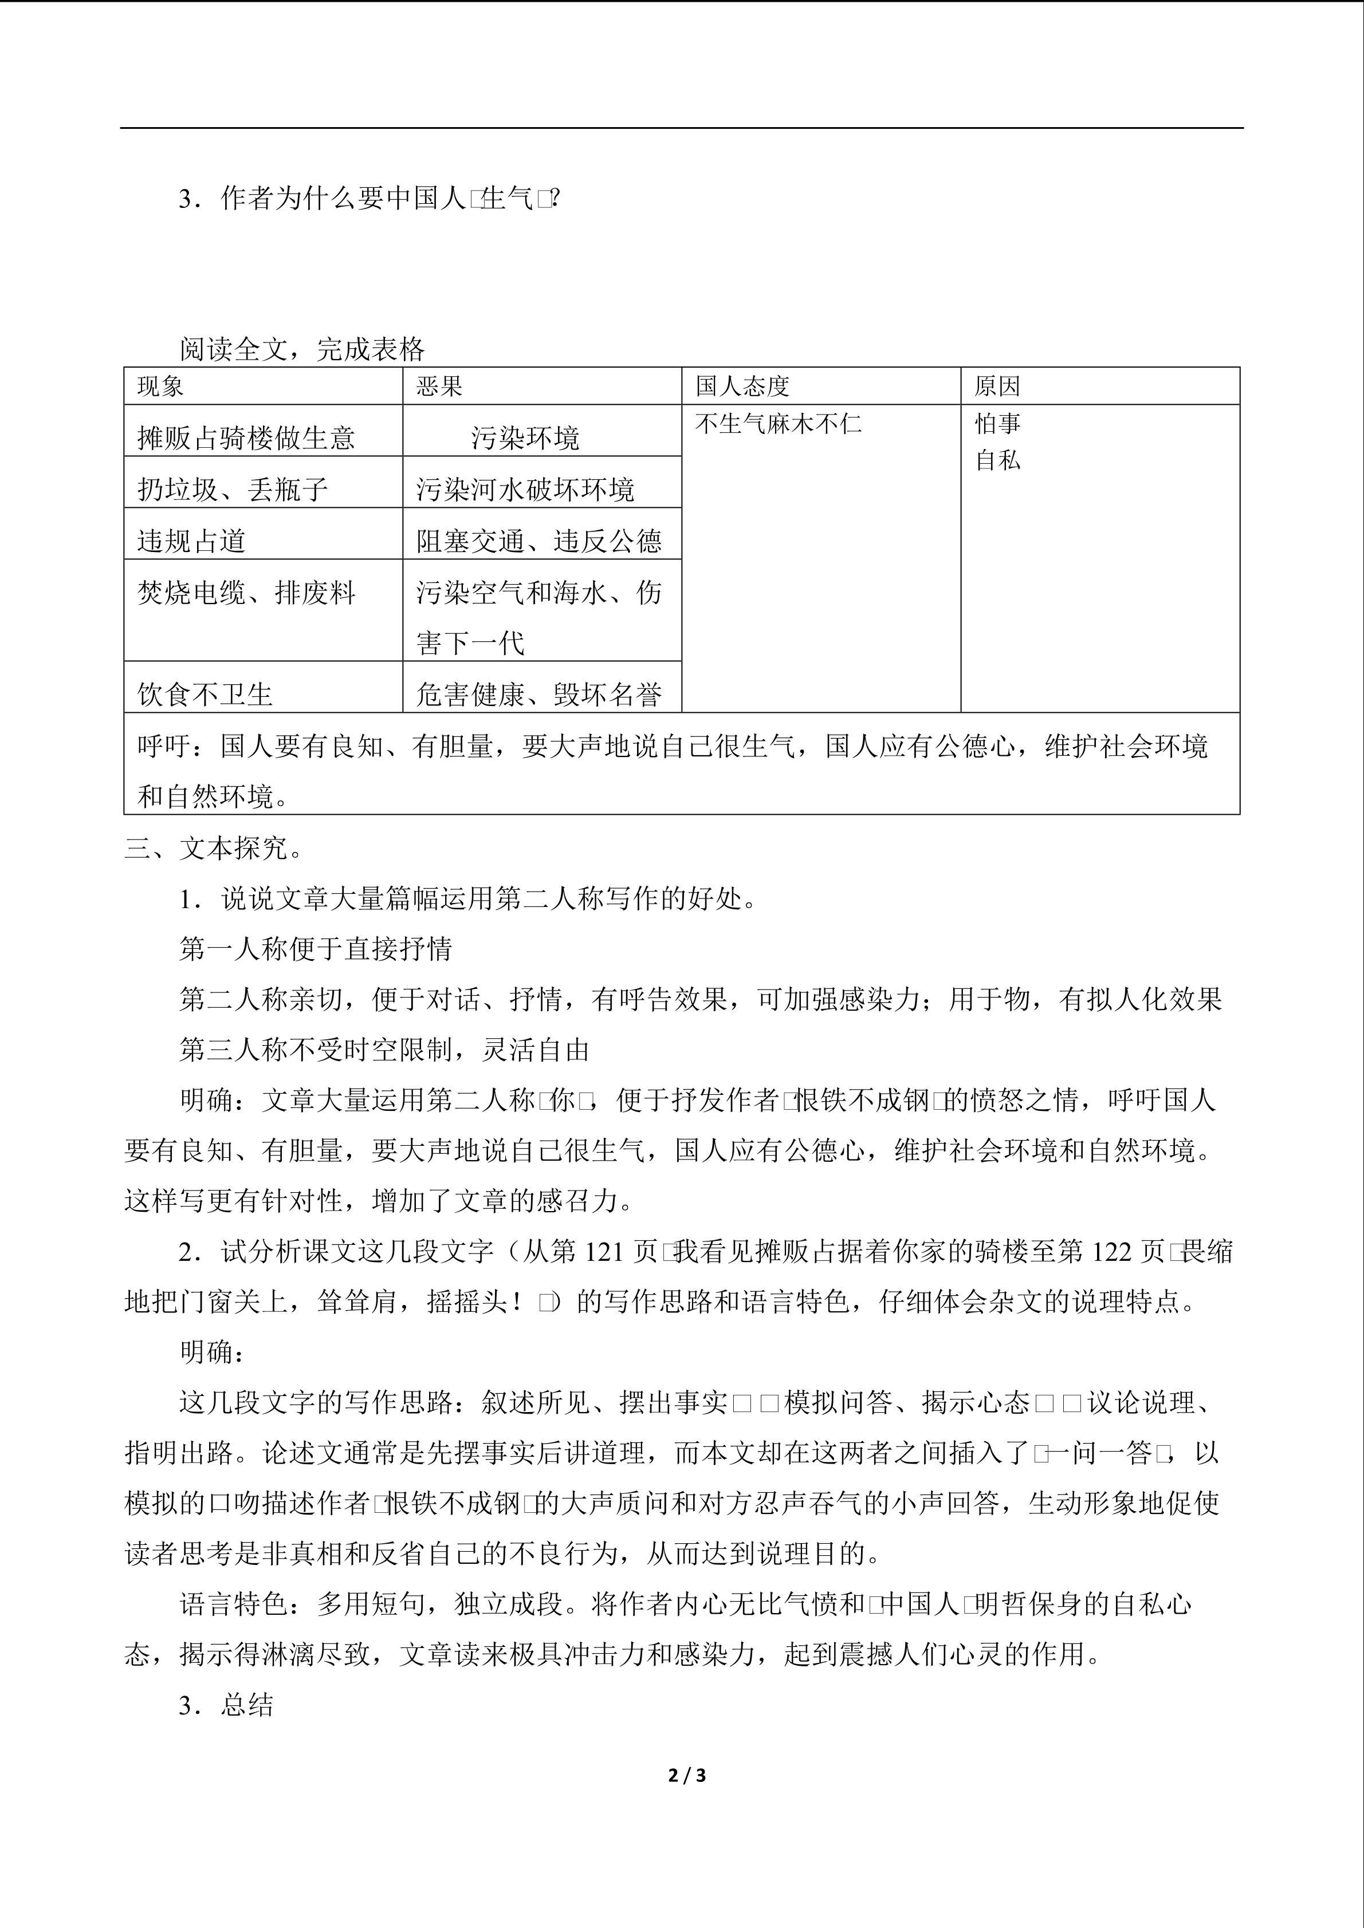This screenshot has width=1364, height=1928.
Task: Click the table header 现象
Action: click(160, 387)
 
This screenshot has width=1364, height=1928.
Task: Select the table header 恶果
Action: click(439, 387)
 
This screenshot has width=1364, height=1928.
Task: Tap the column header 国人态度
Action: click(742, 387)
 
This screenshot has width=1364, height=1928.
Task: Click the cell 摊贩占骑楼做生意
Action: click(246, 437)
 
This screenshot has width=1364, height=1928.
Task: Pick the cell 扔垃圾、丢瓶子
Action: click(233, 488)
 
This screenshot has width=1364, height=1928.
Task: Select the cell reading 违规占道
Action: click(191, 540)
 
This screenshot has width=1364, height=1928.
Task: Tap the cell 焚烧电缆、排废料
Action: click(246, 593)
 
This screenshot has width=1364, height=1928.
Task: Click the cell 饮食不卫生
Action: click(205, 693)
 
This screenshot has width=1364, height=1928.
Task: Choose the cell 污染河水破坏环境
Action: click(525, 488)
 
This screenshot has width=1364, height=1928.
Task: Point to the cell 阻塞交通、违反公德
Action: click(538, 540)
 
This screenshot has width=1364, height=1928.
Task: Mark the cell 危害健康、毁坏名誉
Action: click(538, 693)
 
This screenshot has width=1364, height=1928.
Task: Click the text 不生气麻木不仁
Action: click(778, 423)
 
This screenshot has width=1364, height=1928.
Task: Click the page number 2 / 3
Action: click(686, 1775)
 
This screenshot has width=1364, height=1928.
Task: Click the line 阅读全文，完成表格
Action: click(301, 349)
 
